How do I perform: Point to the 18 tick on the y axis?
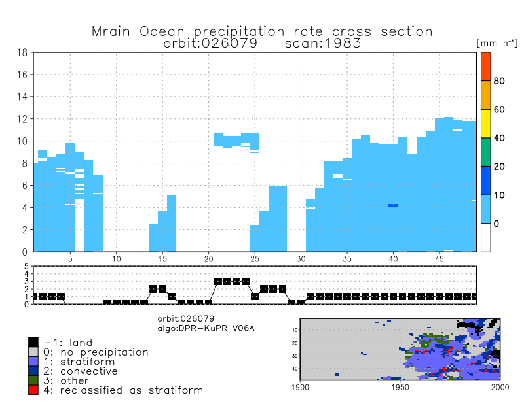point(22,53)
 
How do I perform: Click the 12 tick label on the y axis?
point(22,119)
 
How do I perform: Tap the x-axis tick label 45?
point(440,259)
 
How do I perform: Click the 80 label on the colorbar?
point(498,81)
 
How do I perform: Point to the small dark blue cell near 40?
point(393,205)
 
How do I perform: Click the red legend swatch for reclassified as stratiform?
point(33,390)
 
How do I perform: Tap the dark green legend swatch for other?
point(33,380)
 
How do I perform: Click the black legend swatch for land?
point(33,342)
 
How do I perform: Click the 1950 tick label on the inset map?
point(400,387)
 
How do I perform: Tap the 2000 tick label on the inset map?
point(500,387)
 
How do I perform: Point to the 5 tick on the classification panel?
point(27,267)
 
